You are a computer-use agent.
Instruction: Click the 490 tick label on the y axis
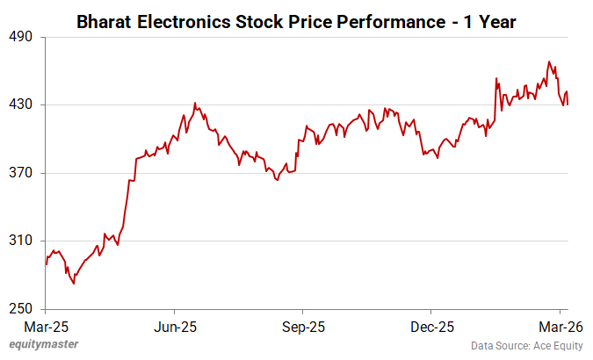(20, 37)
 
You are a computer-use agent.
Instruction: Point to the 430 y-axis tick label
(20, 104)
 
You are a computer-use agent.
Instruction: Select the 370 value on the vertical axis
(20, 173)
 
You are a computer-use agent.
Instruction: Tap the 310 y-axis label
(20, 241)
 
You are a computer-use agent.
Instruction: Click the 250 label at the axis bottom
(20, 309)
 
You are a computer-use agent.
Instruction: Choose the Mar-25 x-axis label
(46, 327)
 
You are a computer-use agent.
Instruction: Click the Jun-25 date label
(174, 327)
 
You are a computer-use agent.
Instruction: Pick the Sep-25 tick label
(303, 327)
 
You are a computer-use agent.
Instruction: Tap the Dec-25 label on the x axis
(431, 327)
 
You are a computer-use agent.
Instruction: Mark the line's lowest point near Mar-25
(74, 284)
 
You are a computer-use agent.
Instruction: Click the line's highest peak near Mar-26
(549, 61)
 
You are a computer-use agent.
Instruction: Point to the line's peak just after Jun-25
(195, 103)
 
